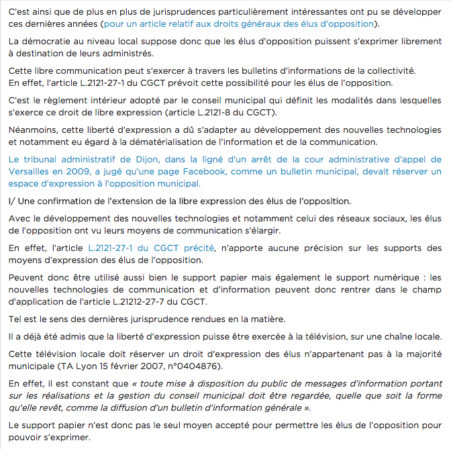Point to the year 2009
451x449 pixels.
coord(79,172)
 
